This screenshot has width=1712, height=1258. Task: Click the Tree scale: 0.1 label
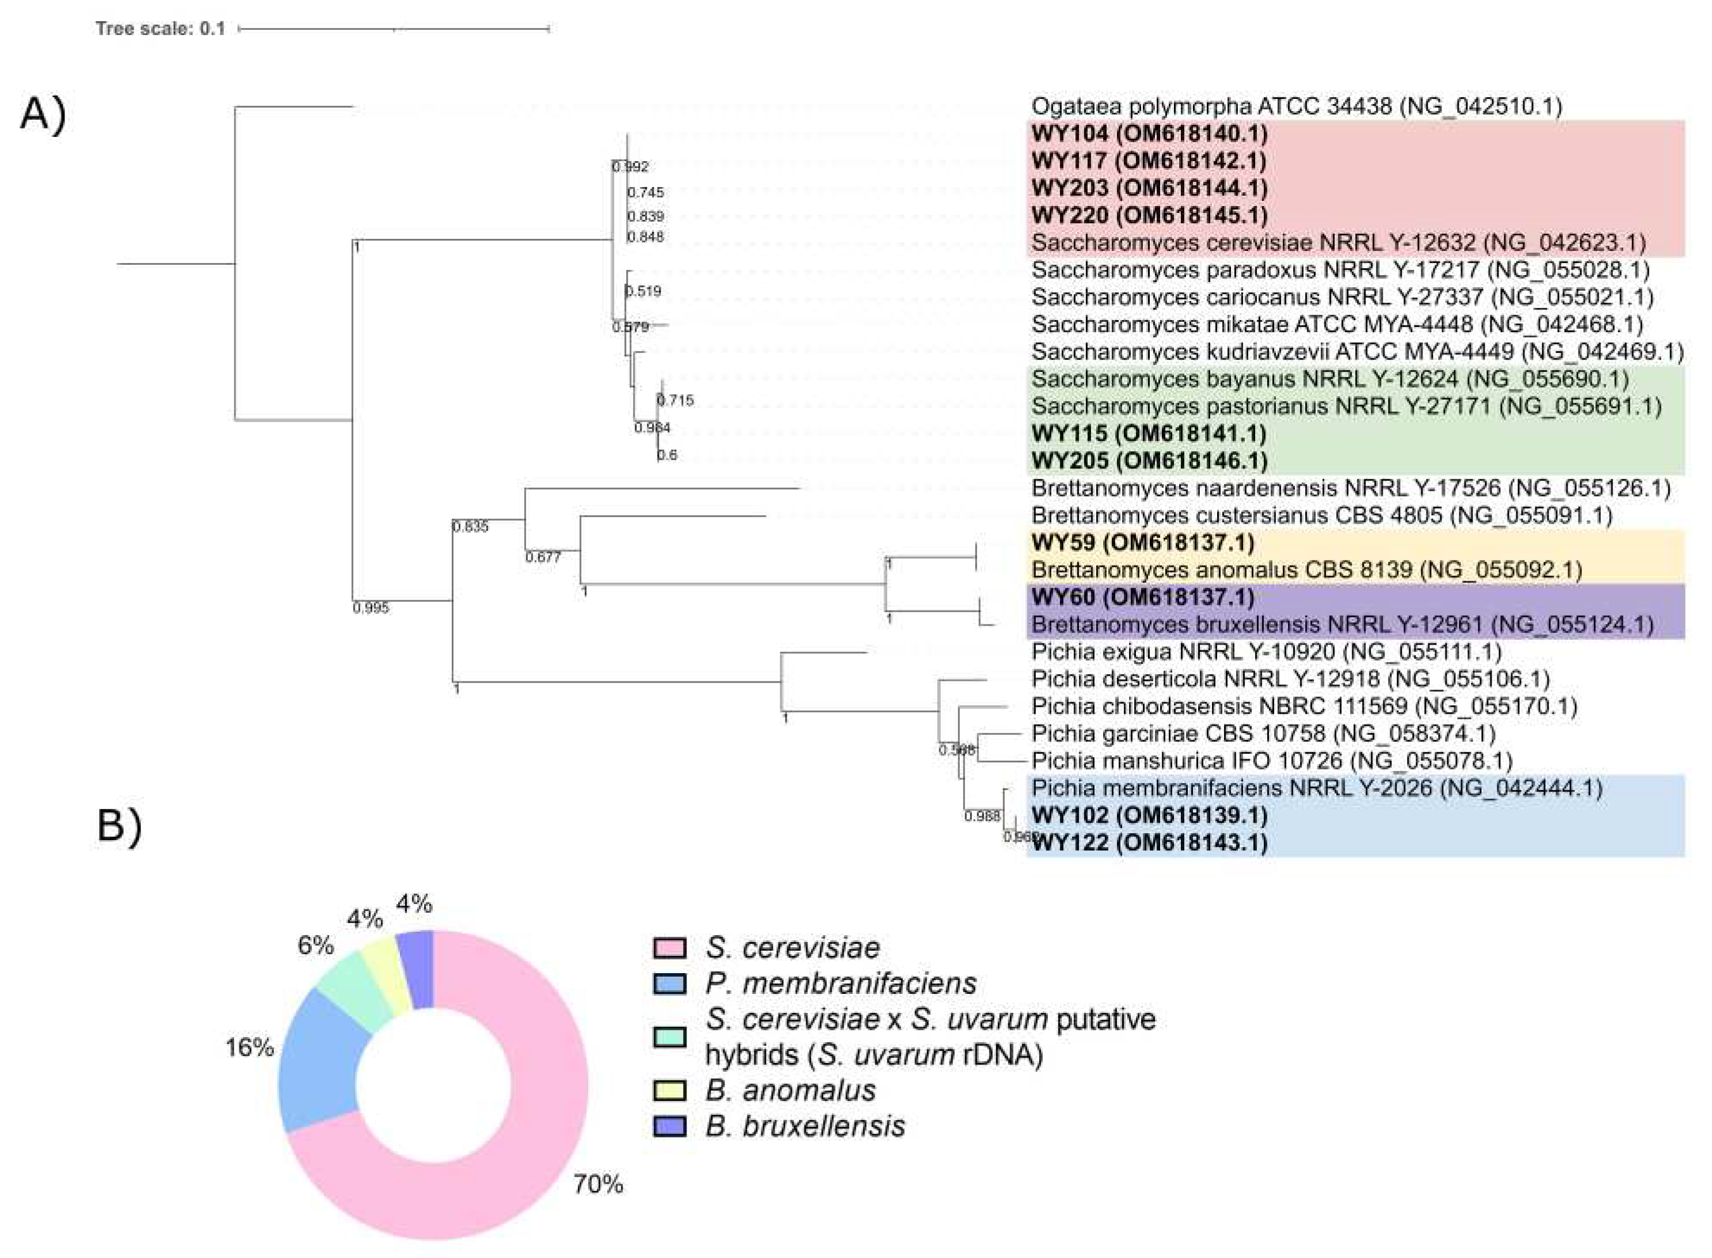[160, 29]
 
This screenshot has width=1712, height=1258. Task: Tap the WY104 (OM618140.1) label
[1149, 134]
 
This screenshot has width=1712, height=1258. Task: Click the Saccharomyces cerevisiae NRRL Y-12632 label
[1338, 243]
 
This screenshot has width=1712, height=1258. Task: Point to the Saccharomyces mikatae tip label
[1337, 325]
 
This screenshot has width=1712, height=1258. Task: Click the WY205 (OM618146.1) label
[1149, 461]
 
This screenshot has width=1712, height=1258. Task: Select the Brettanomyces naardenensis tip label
[1350, 488]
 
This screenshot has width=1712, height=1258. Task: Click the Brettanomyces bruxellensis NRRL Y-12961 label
[1342, 624]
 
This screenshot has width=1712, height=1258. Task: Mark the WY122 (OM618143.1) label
[1149, 843]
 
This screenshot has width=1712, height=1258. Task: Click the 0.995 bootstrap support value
[371, 608]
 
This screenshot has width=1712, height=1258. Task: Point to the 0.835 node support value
[470, 526]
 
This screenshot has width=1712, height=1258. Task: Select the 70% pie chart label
[598, 1184]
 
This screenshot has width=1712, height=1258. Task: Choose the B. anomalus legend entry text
[791, 1091]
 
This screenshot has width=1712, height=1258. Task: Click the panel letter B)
[120, 824]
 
